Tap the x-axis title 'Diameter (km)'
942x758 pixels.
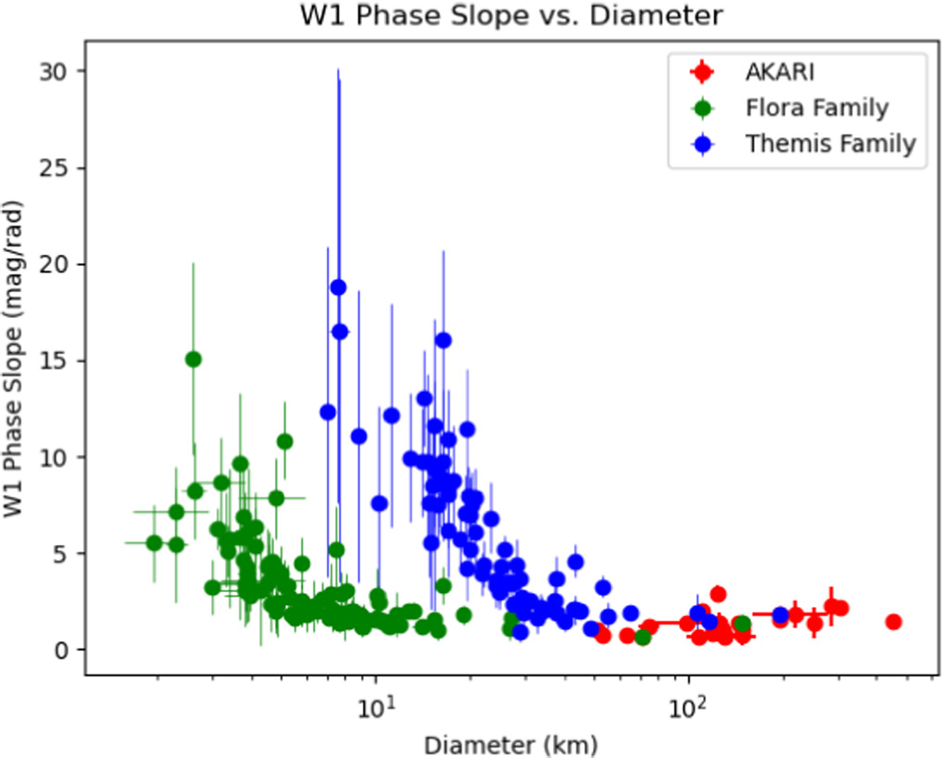509,743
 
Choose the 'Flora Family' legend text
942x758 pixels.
816,107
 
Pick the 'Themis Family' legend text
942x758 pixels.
830,144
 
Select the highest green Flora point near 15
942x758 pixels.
194,360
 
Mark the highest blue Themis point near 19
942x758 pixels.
338,287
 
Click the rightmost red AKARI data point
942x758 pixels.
894,622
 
